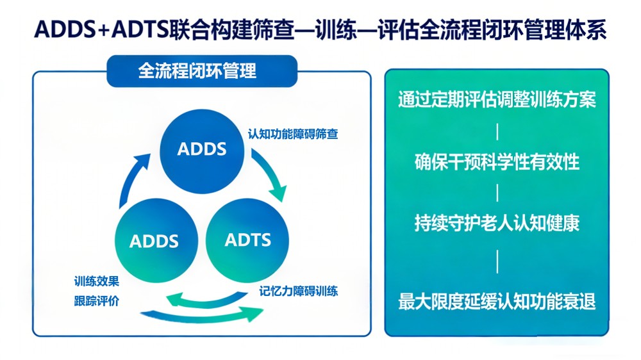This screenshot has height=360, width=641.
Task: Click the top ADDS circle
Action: [202, 149]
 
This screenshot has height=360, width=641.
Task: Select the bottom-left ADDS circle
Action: [154, 241]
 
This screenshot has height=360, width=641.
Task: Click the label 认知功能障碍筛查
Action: [293, 135]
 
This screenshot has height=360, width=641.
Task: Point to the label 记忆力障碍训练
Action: [299, 291]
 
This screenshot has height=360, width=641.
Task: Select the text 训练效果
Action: [96, 281]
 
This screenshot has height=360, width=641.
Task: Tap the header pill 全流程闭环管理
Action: [197, 70]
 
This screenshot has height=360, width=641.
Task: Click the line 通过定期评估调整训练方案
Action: [497, 101]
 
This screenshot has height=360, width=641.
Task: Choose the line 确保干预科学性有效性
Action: [497, 163]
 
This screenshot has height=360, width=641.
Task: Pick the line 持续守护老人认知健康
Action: [497, 224]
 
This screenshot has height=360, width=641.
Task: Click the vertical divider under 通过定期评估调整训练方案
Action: [497, 132]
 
